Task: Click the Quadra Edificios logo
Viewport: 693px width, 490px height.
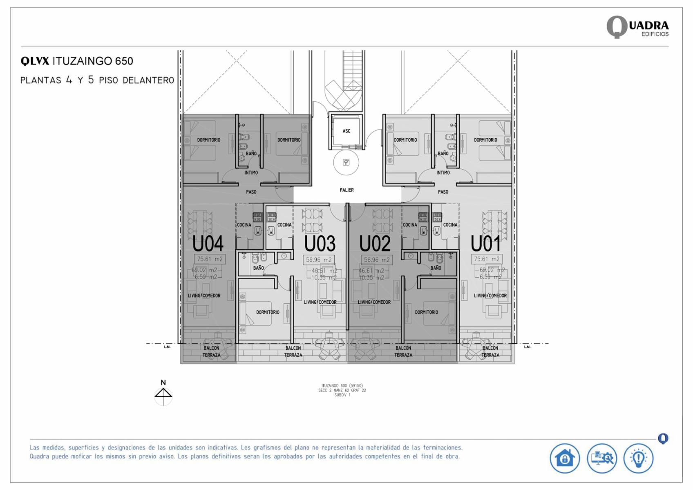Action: click(637, 27)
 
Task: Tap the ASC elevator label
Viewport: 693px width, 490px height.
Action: click(346, 131)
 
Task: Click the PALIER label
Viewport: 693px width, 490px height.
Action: click(346, 190)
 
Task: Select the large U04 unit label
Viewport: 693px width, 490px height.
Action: click(208, 244)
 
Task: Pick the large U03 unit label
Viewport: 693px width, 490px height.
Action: click(320, 244)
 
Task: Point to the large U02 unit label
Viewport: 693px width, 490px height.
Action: click(375, 244)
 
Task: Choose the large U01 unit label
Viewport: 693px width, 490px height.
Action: click(485, 244)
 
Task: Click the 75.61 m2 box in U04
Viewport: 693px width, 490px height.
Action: click(210, 259)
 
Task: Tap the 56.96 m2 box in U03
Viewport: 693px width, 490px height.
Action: click(319, 260)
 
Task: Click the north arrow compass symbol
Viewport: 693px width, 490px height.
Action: click(163, 394)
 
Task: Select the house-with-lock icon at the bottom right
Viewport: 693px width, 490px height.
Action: click(564, 458)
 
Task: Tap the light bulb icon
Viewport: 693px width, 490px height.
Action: click(638, 458)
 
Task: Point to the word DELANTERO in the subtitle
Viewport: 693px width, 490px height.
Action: click(148, 81)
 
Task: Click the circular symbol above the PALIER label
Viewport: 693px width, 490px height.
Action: click(346, 163)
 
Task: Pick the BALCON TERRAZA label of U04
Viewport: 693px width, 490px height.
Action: click(211, 352)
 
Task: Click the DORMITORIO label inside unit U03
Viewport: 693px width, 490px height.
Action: click(268, 312)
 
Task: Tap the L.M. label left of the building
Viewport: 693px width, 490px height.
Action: click(167, 347)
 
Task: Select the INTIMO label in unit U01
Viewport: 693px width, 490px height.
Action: click(443, 173)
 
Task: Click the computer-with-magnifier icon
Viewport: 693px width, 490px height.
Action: click(601, 458)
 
